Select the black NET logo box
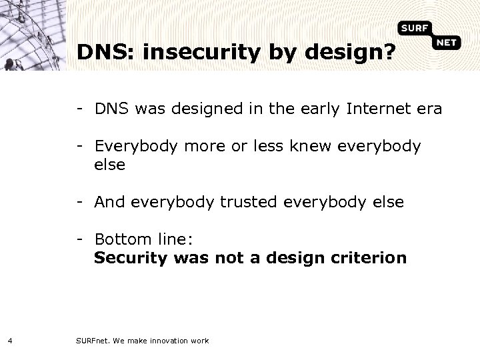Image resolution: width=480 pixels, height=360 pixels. point(447,43)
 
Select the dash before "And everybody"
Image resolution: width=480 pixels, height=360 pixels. point(79,201)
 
